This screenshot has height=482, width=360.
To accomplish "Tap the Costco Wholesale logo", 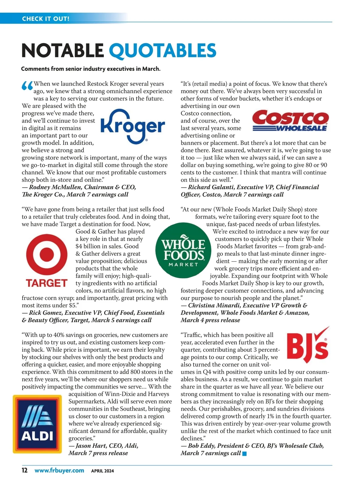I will [290, 121].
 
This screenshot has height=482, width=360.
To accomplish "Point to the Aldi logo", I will [37, 424].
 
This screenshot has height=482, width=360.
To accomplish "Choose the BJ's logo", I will [307, 345].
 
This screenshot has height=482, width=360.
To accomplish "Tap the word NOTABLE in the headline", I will [62, 50].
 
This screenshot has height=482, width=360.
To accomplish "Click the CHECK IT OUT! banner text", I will [46, 19].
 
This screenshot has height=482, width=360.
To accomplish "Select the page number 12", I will [25, 470].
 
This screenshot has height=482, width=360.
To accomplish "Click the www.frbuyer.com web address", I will [59, 470].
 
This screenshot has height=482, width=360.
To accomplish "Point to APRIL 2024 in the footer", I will [102, 471].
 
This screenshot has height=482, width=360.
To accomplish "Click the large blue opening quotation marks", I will [27, 87].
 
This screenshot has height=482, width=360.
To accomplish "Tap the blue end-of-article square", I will [244, 454].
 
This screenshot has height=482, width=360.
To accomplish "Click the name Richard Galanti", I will [211, 187].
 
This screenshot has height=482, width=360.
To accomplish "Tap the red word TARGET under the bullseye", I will [46, 283].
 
